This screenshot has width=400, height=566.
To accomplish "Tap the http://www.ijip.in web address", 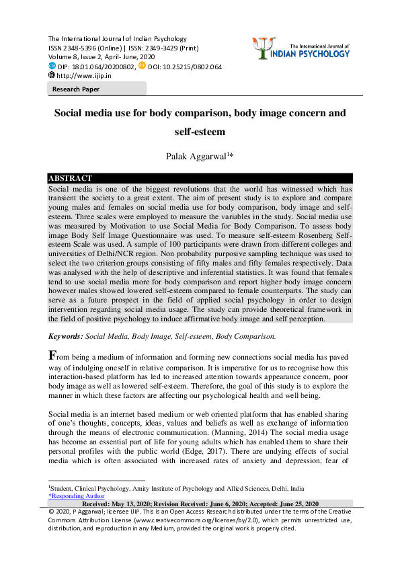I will tap(83, 76).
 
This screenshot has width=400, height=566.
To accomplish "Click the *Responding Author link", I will tap(76, 496).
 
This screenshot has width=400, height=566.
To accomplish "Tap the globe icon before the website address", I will tap(52, 76).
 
